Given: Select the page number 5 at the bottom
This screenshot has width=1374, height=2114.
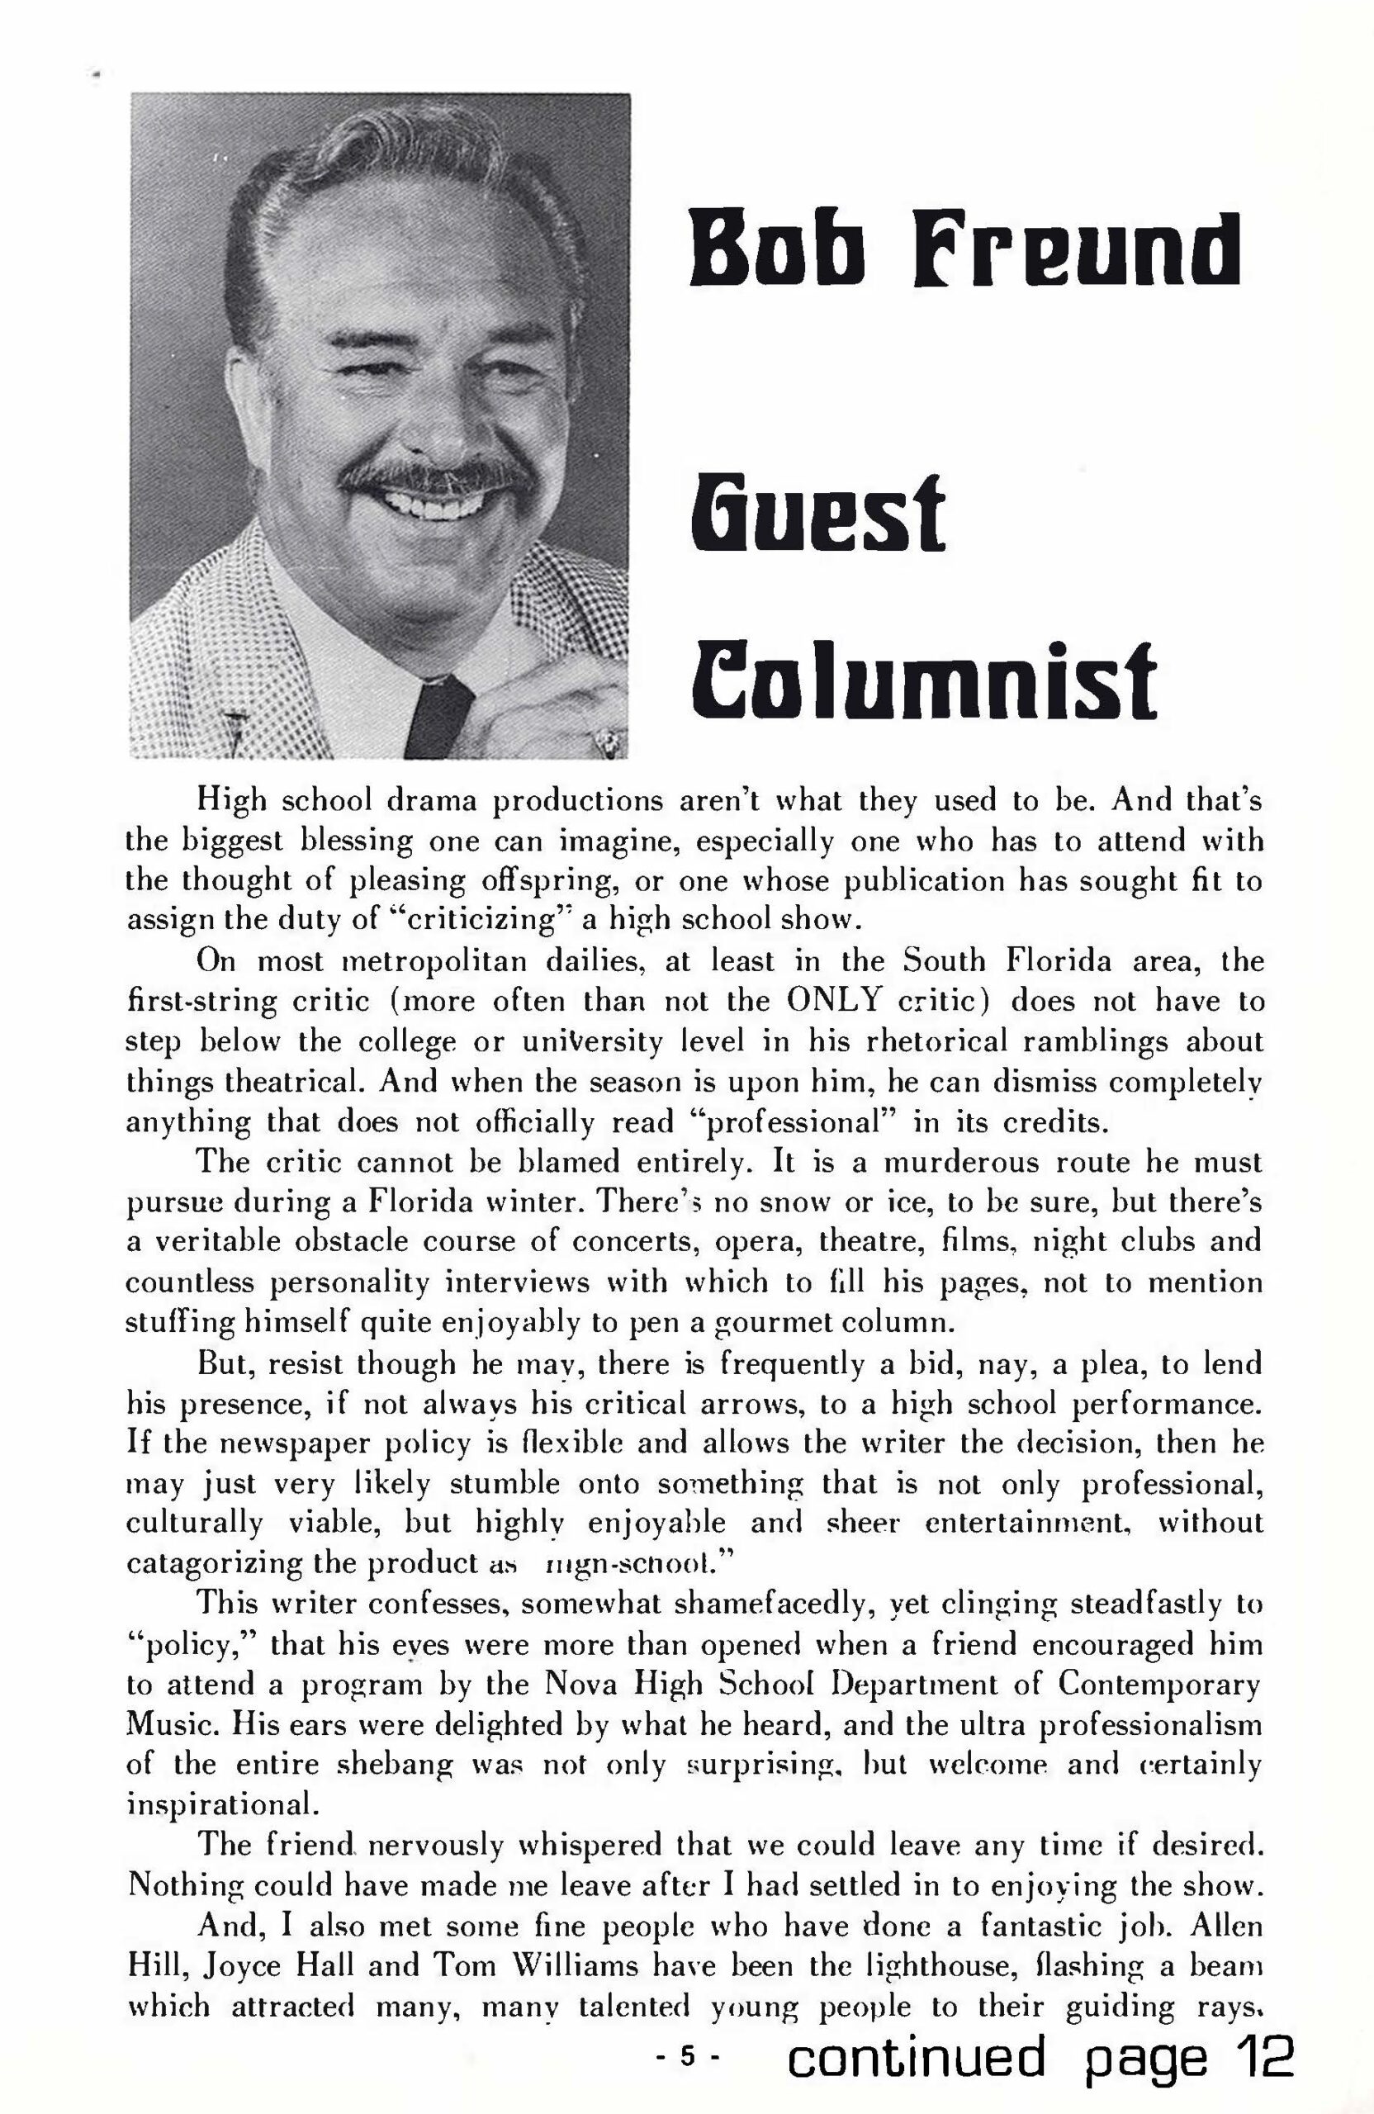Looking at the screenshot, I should point(685,2055).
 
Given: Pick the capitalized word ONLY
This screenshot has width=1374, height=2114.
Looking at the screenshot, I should point(835,1000).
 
